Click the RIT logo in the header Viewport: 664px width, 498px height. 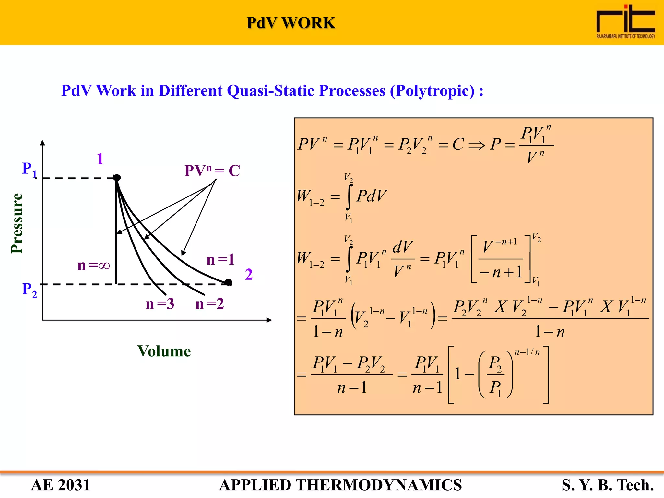point(625,21)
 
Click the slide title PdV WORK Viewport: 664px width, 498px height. point(291,23)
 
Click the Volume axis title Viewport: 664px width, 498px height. point(164,351)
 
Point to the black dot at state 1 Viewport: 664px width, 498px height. point(117,178)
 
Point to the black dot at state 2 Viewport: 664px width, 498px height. point(228,282)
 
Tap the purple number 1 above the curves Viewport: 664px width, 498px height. point(100,159)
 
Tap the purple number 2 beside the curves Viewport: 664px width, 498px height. point(249,274)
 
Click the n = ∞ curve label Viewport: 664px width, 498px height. point(93,266)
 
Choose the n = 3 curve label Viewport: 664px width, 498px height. point(160,304)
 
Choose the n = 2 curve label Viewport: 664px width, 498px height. point(210,304)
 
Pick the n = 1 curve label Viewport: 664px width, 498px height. point(220,260)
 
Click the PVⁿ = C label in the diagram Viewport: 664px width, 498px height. point(212,171)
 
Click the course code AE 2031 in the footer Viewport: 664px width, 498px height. point(60,485)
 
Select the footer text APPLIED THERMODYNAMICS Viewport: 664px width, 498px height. point(340,485)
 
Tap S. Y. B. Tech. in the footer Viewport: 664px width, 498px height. point(608,485)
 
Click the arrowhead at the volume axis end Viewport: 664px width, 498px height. point(269,320)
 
